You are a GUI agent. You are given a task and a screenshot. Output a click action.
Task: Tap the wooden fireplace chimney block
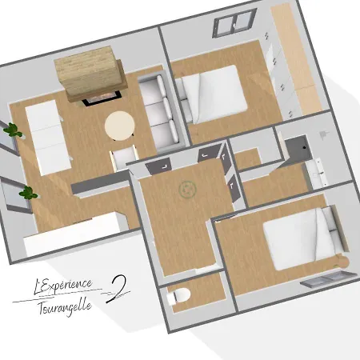(x=86, y=73)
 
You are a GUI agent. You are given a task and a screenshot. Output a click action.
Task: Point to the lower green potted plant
(x=28, y=192)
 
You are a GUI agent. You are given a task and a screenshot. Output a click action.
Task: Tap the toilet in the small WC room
(x=179, y=296)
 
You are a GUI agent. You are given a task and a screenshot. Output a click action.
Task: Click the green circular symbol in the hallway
(x=187, y=190)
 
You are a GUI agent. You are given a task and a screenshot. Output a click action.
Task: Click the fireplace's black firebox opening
(x=100, y=97)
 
